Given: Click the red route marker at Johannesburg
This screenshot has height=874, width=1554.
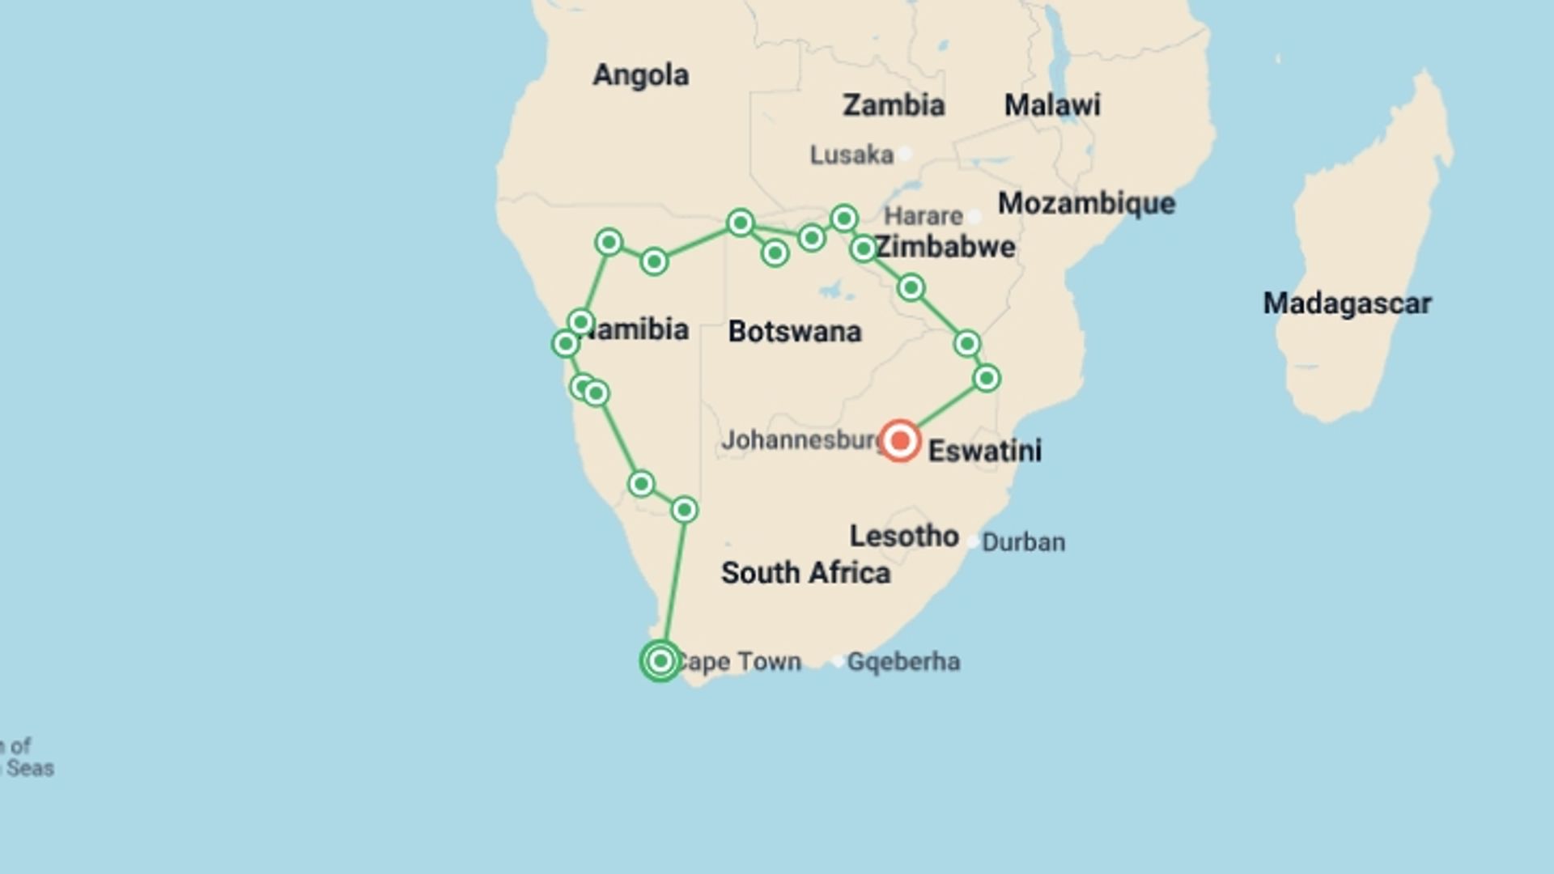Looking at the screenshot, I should [899, 441].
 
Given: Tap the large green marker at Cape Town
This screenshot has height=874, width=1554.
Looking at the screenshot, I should [660, 661].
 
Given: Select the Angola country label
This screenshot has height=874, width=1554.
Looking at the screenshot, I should [641, 75].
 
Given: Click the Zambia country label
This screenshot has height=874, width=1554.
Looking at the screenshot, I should [894, 105].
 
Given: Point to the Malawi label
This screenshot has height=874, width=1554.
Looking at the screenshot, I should [1052, 105].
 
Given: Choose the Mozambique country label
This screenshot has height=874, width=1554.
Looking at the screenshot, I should [1086, 203].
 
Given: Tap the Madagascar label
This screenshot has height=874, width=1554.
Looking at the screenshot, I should [1347, 303].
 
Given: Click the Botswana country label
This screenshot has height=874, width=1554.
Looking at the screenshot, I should [795, 332].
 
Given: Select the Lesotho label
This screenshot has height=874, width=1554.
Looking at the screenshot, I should [904, 536].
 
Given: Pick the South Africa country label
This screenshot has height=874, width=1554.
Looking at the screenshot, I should [805, 573].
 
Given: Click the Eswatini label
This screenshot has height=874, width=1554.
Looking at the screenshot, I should [984, 451].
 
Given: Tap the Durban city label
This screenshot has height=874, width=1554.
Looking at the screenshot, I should [1023, 542].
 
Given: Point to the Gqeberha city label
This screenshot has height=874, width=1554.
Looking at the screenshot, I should [903, 662].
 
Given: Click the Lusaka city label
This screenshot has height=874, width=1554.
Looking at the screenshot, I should [851, 155].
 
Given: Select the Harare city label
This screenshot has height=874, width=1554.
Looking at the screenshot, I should [923, 216].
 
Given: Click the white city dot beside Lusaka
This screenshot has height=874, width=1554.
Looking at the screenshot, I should [905, 154].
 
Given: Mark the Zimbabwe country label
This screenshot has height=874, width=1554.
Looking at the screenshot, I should [945, 247].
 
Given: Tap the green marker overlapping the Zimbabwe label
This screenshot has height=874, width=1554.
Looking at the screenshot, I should [863, 248].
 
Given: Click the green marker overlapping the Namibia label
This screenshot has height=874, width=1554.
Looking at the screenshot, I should [580, 322].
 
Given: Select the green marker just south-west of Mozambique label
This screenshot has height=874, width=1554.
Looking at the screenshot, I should [911, 287].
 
